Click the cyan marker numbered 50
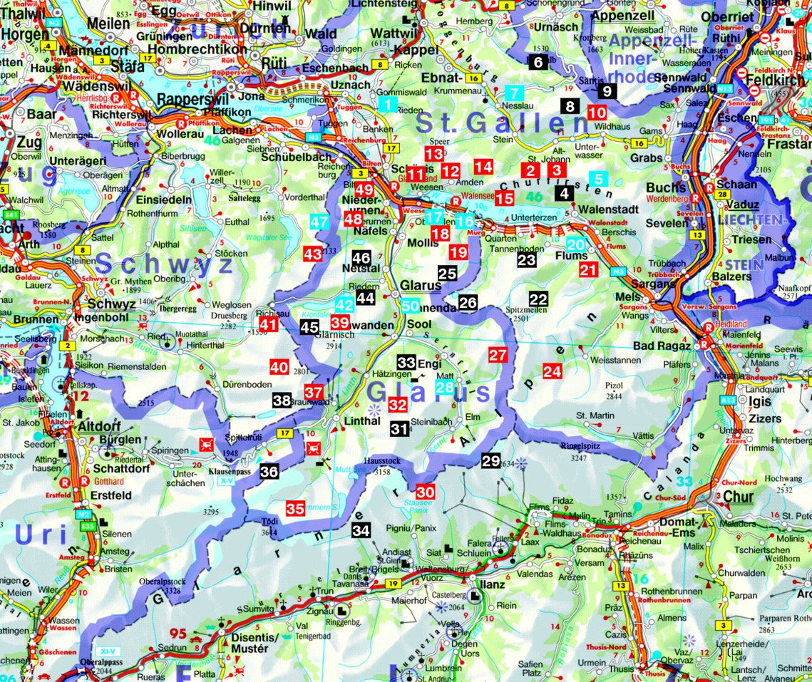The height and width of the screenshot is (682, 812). click(x=410, y=307)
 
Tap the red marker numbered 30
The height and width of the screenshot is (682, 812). click(x=425, y=492)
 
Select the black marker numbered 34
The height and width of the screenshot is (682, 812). click(x=361, y=530)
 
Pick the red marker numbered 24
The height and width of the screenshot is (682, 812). click(x=552, y=371)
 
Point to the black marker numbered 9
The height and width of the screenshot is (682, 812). click(x=607, y=91)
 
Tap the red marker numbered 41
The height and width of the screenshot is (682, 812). click(x=268, y=325)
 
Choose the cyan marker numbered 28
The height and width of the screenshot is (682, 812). click(x=444, y=388)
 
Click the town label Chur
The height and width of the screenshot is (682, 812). click(x=738, y=497)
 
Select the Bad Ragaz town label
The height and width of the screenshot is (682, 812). click(x=662, y=346)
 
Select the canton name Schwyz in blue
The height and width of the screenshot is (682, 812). click(x=165, y=266)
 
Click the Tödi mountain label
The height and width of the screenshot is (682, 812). click(x=269, y=522)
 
